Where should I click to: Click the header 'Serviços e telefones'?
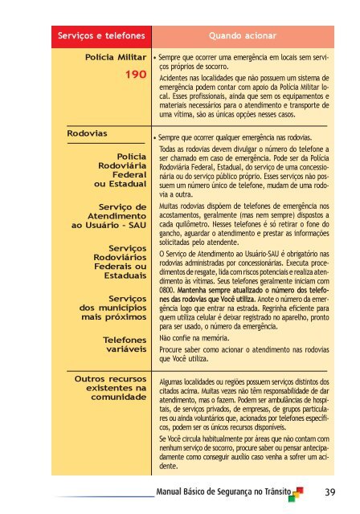[x=100, y=36]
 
